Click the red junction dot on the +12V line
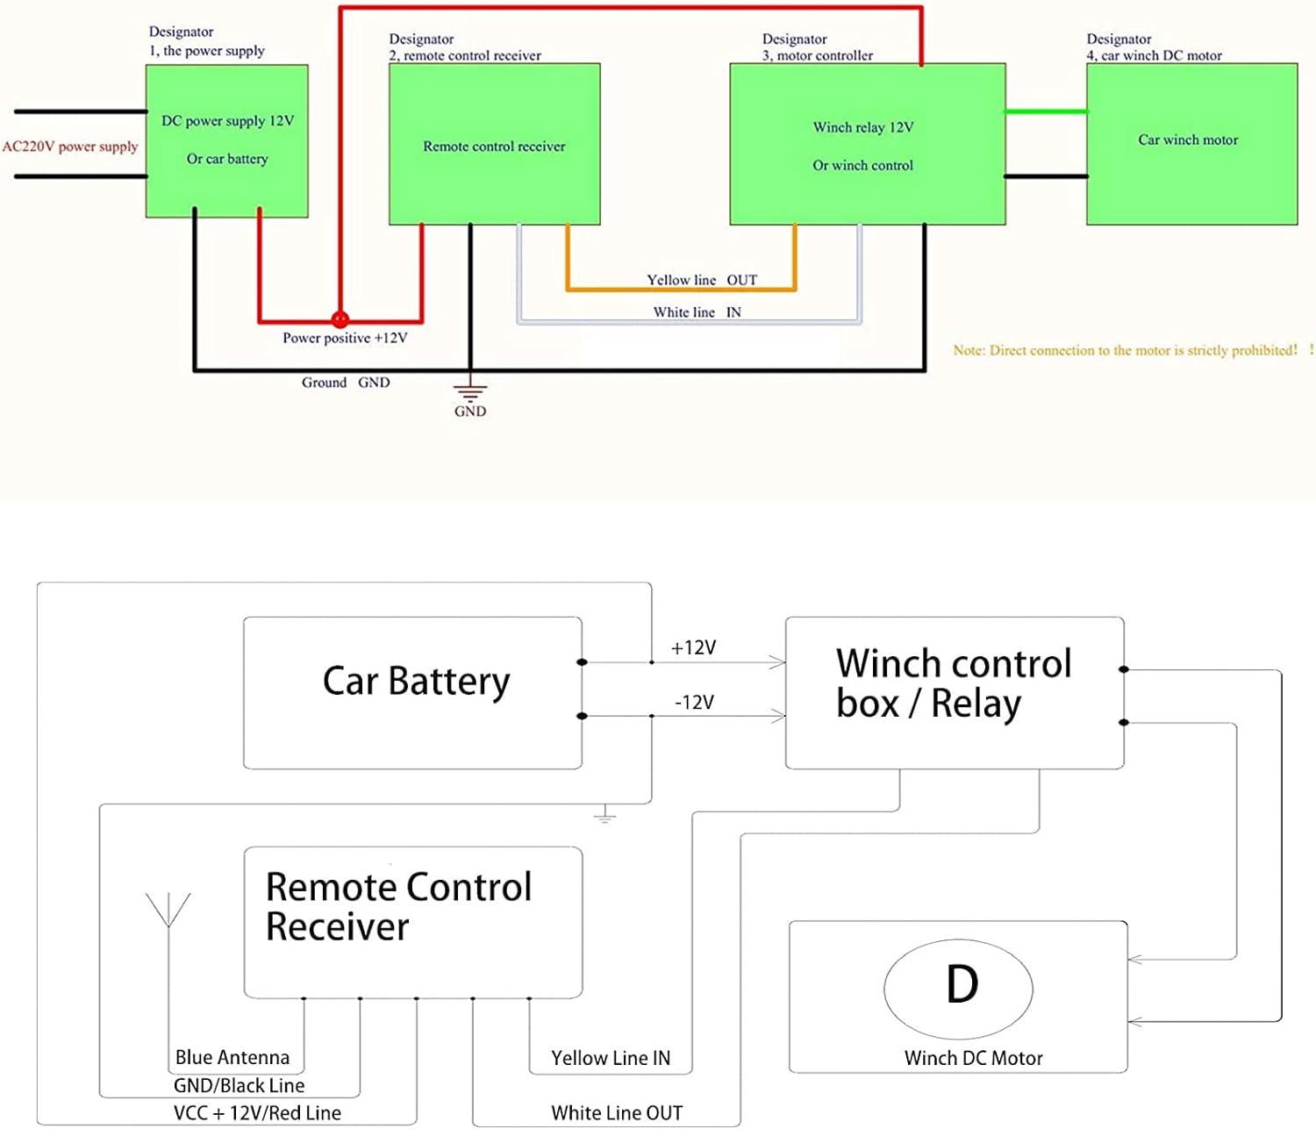(x=340, y=320)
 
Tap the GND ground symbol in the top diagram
(x=470, y=393)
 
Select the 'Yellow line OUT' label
(x=701, y=280)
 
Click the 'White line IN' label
(x=697, y=312)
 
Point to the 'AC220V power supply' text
(x=70, y=146)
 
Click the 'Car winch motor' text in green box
(x=1188, y=139)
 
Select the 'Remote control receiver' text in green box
(x=494, y=146)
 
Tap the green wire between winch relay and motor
(x=1046, y=111)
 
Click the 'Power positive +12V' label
(x=345, y=338)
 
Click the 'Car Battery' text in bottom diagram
(x=416, y=682)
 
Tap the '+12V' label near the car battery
(x=693, y=647)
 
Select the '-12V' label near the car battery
(x=694, y=702)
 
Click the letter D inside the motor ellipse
(x=962, y=984)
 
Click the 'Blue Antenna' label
(x=232, y=1057)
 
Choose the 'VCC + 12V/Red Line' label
(x=257, y=1113)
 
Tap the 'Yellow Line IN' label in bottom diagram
(x=610, y=1058)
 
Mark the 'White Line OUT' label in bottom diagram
(x=617, y=1113)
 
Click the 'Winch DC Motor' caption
(x=973, y=1058)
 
